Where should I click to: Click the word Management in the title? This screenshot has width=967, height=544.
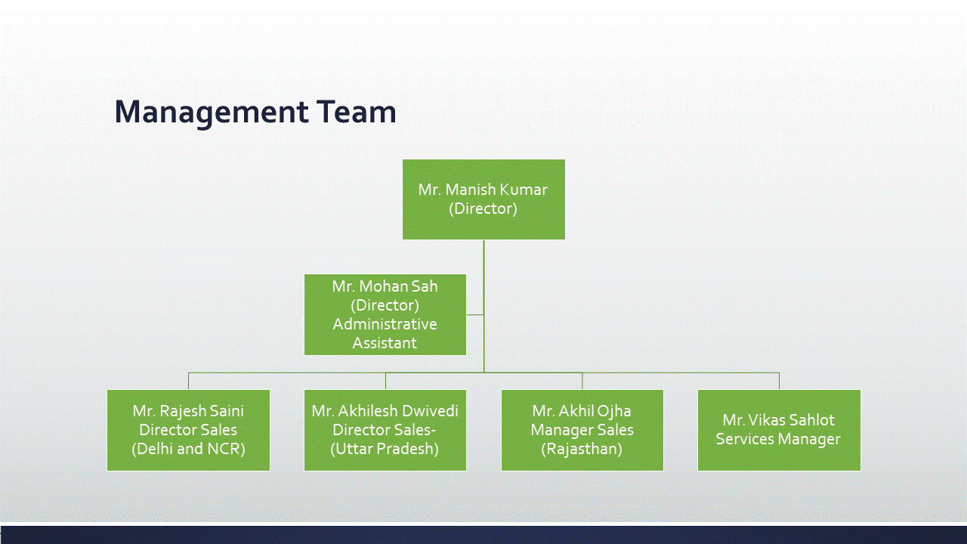[x=212, y=113]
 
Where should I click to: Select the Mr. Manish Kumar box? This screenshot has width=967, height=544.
[x=483, y=199]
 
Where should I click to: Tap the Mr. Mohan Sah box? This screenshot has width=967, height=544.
[x=385, y=315]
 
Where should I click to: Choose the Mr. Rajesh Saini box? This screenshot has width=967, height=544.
[x=189, y=430]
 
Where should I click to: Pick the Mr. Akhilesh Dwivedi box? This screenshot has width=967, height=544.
[x=385, y=430]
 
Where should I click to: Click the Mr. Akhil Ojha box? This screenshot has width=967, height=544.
[x=582, y=430]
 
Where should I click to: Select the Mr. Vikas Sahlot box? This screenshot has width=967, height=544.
[x=779, y=430]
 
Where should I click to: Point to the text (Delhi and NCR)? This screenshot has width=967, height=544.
[x=188, y=449]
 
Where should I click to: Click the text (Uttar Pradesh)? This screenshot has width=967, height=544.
[x=385, y=449]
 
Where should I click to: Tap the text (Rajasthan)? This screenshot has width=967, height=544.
[x=582, y=449]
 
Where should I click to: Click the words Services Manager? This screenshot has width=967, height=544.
[x=778, y=439]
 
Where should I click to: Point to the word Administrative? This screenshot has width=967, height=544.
[x=385, y=324]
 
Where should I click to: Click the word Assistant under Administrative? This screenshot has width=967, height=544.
[x=385, y=343]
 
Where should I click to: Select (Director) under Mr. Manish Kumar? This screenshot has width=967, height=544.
[x=483, y=209]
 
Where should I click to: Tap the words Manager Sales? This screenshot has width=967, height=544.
[x=582, y=430]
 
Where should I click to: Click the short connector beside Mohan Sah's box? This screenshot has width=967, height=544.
[x=475, y=315]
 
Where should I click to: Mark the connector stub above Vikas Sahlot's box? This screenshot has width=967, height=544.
[x=779, y=382]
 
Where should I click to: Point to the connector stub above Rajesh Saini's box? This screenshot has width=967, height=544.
[x=189, y=382]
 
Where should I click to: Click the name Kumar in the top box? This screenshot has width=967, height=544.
[x=524, y=190]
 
